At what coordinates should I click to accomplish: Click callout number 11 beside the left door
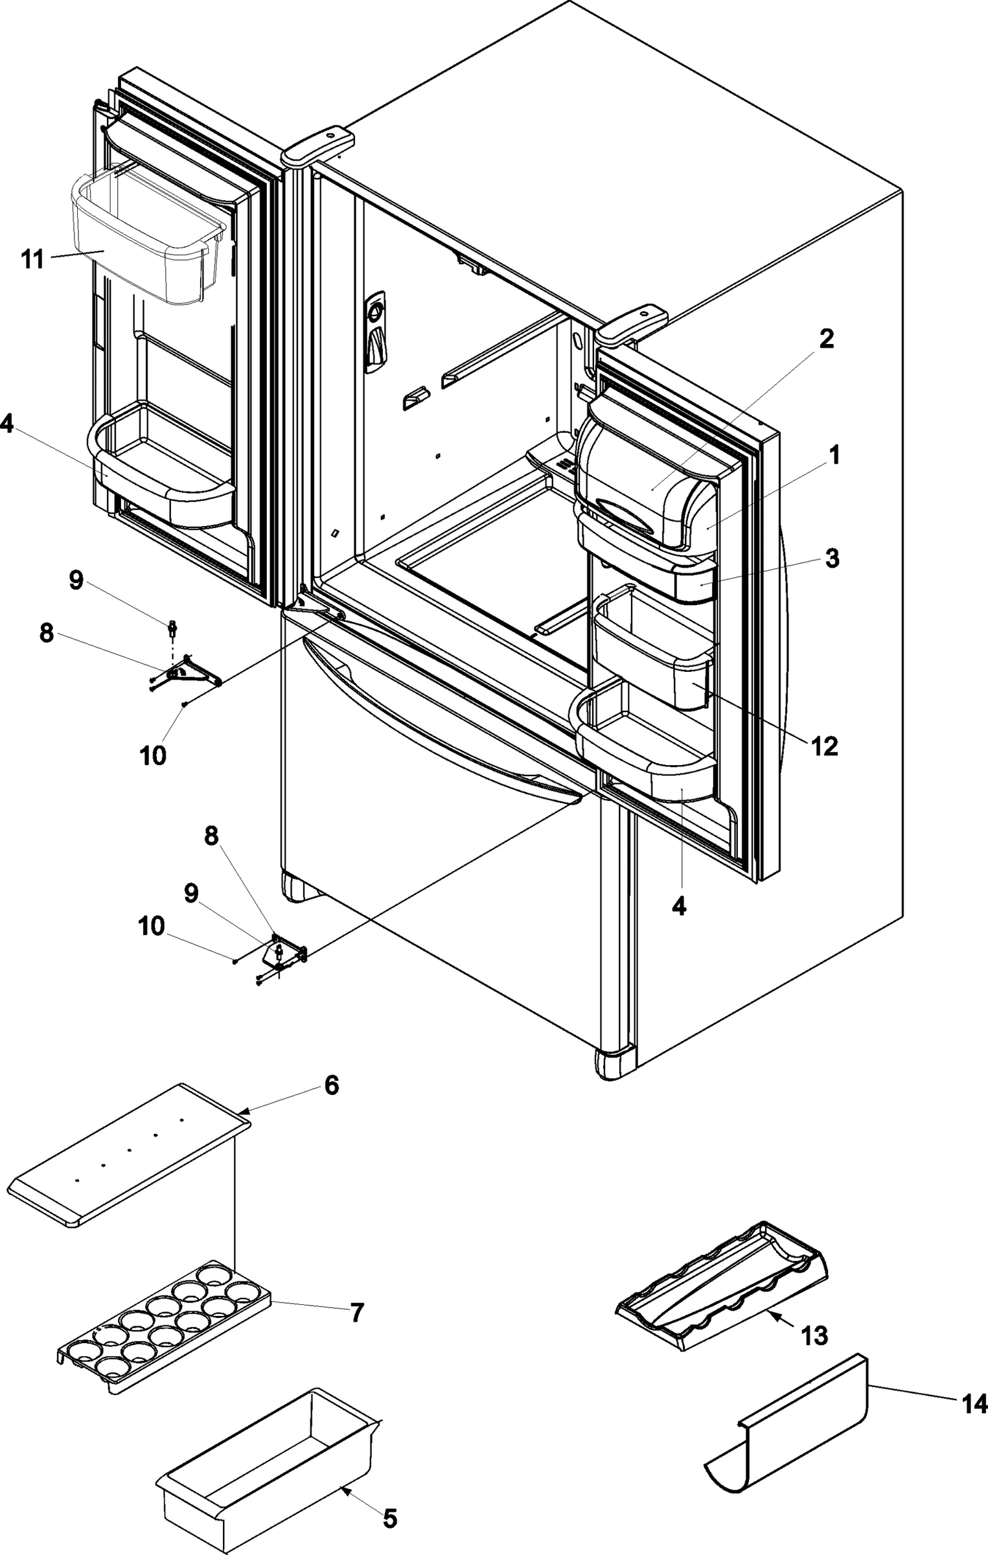pyautogui.click(x=32, y=259)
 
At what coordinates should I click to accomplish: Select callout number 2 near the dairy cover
pyautogui.click(x=826, y=338)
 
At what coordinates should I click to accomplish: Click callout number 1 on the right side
pyautogui.click(x=834, y=455)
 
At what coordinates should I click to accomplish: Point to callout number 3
pyautogui.click(x=832, y=558)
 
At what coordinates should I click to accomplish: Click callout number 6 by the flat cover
pyautogui.click(x=331, y=1085)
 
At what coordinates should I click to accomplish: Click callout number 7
pyautogui.click(x=357, y=1313)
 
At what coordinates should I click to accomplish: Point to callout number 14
pyautogui.click(x=974, y=1403)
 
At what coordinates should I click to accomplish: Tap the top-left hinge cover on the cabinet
pyautogui.click(x=318, y=142)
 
